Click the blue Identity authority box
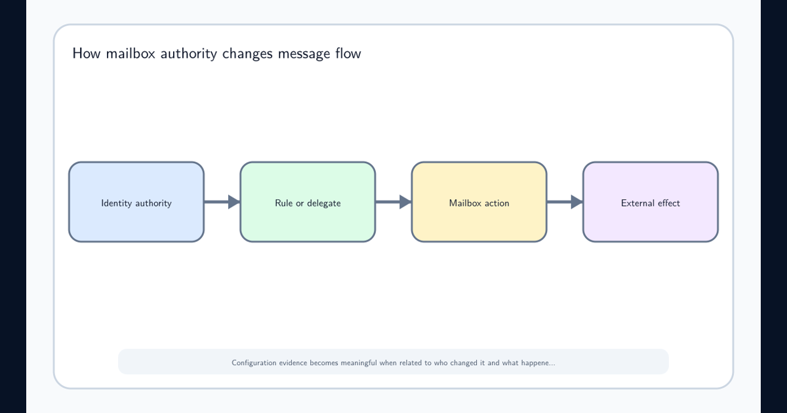click(x=136, y=202)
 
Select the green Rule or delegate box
click(x=308, y=202)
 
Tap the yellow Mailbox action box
click(x=479, y=202)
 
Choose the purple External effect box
click(x=651, y=202)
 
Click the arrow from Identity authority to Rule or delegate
click(x=222, y=202)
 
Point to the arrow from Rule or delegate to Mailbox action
click(x=393, y=202)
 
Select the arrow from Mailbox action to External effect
click(x=565, y=202)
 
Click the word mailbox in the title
click(x=131, y=54)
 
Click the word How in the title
click(x=87, y=54)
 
